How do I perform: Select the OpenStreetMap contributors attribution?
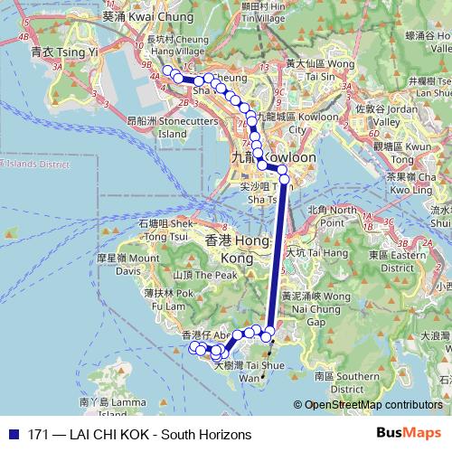[x=373, y=405]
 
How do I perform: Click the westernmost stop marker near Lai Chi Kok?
[x=166, y=71]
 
